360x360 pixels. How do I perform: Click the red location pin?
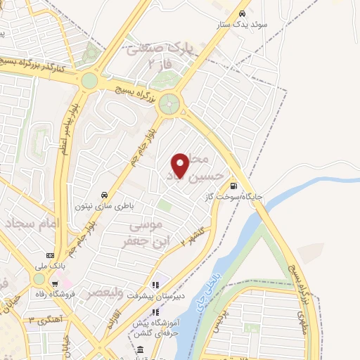click(x=181, y=165)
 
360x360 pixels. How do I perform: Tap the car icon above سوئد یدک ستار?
click(x=243, y=13)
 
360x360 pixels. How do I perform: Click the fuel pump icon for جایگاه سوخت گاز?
click(x=233, y=186)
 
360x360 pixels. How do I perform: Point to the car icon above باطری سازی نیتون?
click(x=104, y=195)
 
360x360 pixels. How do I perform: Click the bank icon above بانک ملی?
click(x=50, y=255)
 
